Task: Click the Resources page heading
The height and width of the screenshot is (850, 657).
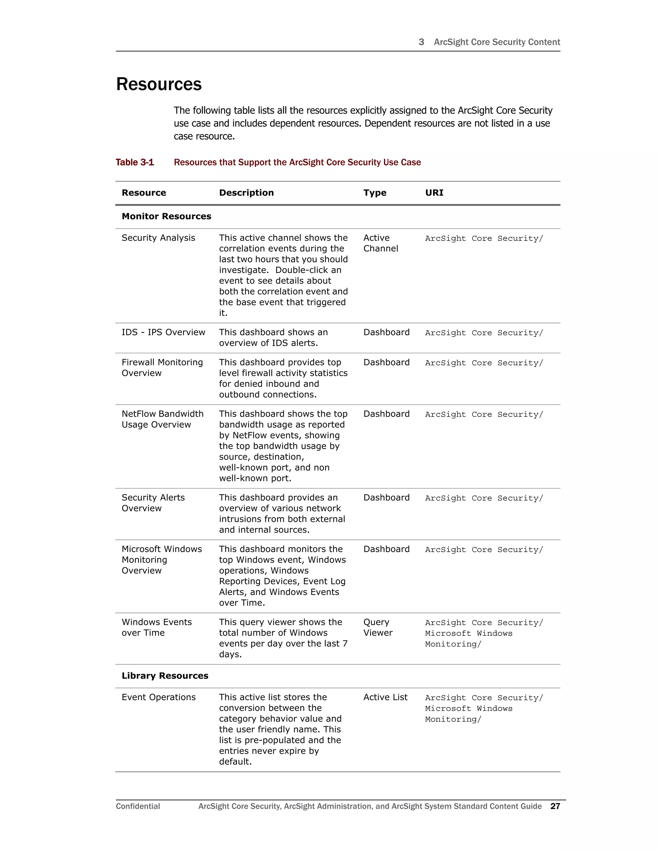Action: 159,84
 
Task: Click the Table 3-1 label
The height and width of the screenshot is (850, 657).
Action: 135,162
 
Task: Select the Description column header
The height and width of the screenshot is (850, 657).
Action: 246,193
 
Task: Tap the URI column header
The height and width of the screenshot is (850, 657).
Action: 434,193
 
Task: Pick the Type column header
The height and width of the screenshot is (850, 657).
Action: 374,193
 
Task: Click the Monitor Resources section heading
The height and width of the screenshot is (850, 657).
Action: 166,217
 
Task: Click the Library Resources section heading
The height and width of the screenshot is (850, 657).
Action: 165,676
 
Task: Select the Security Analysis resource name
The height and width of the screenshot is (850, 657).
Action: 158,238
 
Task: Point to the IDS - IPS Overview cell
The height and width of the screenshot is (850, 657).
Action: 163,332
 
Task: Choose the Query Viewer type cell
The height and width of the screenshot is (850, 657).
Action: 378,627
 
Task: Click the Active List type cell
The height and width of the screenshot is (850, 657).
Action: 385,697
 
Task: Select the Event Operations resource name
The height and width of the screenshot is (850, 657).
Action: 158,697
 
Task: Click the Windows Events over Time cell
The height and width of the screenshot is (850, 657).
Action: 157,627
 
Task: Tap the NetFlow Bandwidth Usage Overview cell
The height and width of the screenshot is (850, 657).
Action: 162,419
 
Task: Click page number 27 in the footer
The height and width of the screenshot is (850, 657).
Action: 555,806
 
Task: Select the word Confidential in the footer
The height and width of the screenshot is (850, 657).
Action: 138,806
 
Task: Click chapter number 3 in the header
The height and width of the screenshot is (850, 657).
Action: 421,42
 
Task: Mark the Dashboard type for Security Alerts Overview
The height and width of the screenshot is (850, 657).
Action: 386,498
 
